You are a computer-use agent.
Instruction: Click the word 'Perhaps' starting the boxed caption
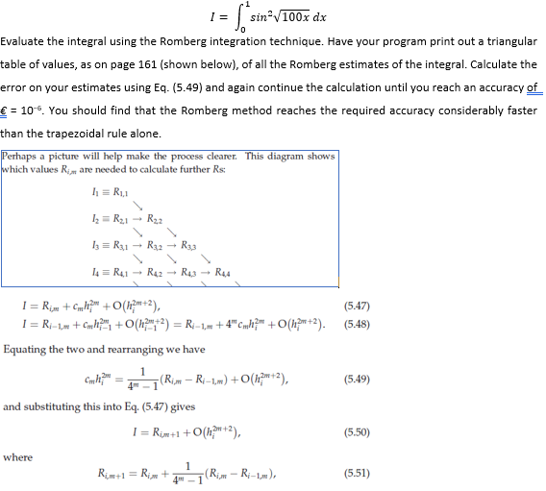(22, 156)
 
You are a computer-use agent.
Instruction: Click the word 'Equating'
(27, 350)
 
